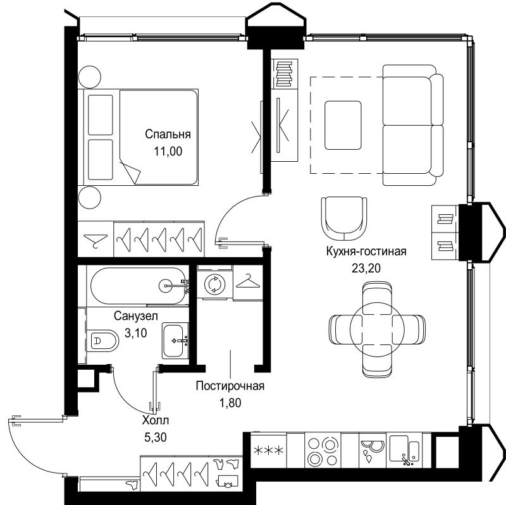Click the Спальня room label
click(x=168, y=134)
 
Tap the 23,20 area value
click(x=366, y=268)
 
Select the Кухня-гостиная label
click(x=366, y=251)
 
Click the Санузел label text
click(x=136, y=316)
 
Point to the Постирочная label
click(x=230, y=386)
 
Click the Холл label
click(x=155, y=420)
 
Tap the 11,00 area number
click(x=168, y=151)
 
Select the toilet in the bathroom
click(x=102, y=340)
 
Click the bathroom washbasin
click(x=175, y=340)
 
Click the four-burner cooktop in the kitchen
click(x=323, y=450)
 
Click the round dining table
click(x=377, y=329)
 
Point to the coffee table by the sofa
click(x=343, y=125)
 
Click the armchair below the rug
click(x=344, y=218)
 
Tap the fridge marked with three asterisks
click(x=268, y=450)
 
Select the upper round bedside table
click(x=90, y=77)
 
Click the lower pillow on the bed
click(x=101, y=160)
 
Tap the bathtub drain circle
click(x=166, y=286)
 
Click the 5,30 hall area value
click(x=155, y=437)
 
